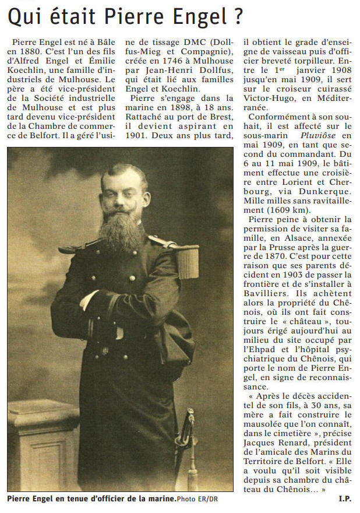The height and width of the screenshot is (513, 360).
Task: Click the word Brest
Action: click(x=220, y=110)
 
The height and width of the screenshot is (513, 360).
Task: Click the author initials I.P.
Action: click(x=345, y=498)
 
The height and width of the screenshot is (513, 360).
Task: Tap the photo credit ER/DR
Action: click(x=206, y=499)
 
